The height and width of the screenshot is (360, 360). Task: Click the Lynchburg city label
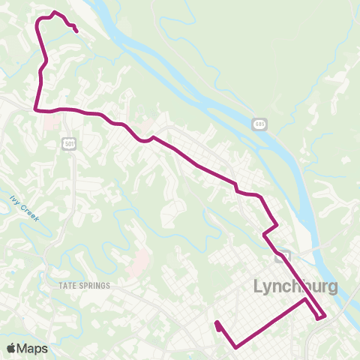295,286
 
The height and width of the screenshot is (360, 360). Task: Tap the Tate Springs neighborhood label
84,286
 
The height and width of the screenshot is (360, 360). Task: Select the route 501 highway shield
70,142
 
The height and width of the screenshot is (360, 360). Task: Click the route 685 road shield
259,123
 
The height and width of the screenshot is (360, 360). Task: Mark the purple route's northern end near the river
77,31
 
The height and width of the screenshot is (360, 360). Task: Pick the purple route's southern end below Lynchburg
217,324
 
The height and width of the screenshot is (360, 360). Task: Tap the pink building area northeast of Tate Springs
138,263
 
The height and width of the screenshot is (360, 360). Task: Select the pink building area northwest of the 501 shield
52,121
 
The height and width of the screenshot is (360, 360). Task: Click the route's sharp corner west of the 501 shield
35,109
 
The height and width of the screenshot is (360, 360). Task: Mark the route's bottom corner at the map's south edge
237,347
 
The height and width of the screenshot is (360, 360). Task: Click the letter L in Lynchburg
259,286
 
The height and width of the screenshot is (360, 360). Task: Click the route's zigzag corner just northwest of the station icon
264,235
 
